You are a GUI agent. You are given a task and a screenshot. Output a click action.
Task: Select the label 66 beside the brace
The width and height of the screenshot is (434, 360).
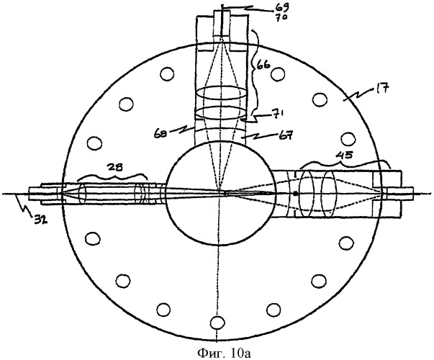point(263,67)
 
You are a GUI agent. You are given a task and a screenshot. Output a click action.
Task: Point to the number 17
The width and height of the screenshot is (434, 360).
point(382,90)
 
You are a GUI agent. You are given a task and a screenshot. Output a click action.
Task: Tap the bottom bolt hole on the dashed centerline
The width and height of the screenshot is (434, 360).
point(217,323)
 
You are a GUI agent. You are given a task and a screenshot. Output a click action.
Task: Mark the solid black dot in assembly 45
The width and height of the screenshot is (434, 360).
point(296,194)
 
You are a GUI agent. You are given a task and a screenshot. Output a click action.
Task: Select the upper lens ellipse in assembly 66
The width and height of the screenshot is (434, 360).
point(221,94)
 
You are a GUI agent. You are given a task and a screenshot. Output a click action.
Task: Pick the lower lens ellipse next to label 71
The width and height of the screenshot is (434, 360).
point(221,113)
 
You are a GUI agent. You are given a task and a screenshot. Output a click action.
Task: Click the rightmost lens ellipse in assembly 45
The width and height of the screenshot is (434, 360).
point(328,194)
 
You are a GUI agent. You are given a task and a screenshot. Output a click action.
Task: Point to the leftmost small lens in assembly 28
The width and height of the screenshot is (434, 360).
point(82,193)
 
